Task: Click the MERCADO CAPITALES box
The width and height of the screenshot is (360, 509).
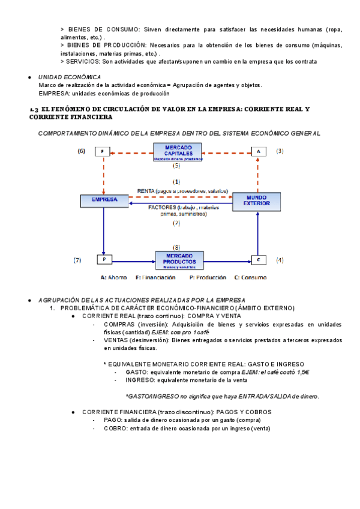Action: [x=177, y=152]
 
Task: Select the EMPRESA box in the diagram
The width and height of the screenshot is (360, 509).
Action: [x=104, y=200]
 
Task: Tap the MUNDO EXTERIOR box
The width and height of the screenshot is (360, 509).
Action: [x=257, y=200]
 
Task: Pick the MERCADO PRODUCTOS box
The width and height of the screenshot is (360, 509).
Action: [x=179, y=259]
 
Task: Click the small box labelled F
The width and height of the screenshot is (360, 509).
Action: [x=103, y=152]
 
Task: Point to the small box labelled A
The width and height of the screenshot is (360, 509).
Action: [x=258, y=152]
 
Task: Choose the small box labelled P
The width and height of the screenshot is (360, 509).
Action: [x=104, y=260]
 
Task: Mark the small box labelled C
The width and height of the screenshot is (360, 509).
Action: [x=258, y=260]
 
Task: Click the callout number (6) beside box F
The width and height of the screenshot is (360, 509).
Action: [x=82, y=151]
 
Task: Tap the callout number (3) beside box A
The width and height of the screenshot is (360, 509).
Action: [x=280, y=151]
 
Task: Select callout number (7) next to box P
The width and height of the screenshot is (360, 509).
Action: [x=77, y=260]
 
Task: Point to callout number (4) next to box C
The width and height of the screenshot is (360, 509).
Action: [x=280, y=260]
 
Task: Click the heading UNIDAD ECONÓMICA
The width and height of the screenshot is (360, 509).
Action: [x=70, y=77]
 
